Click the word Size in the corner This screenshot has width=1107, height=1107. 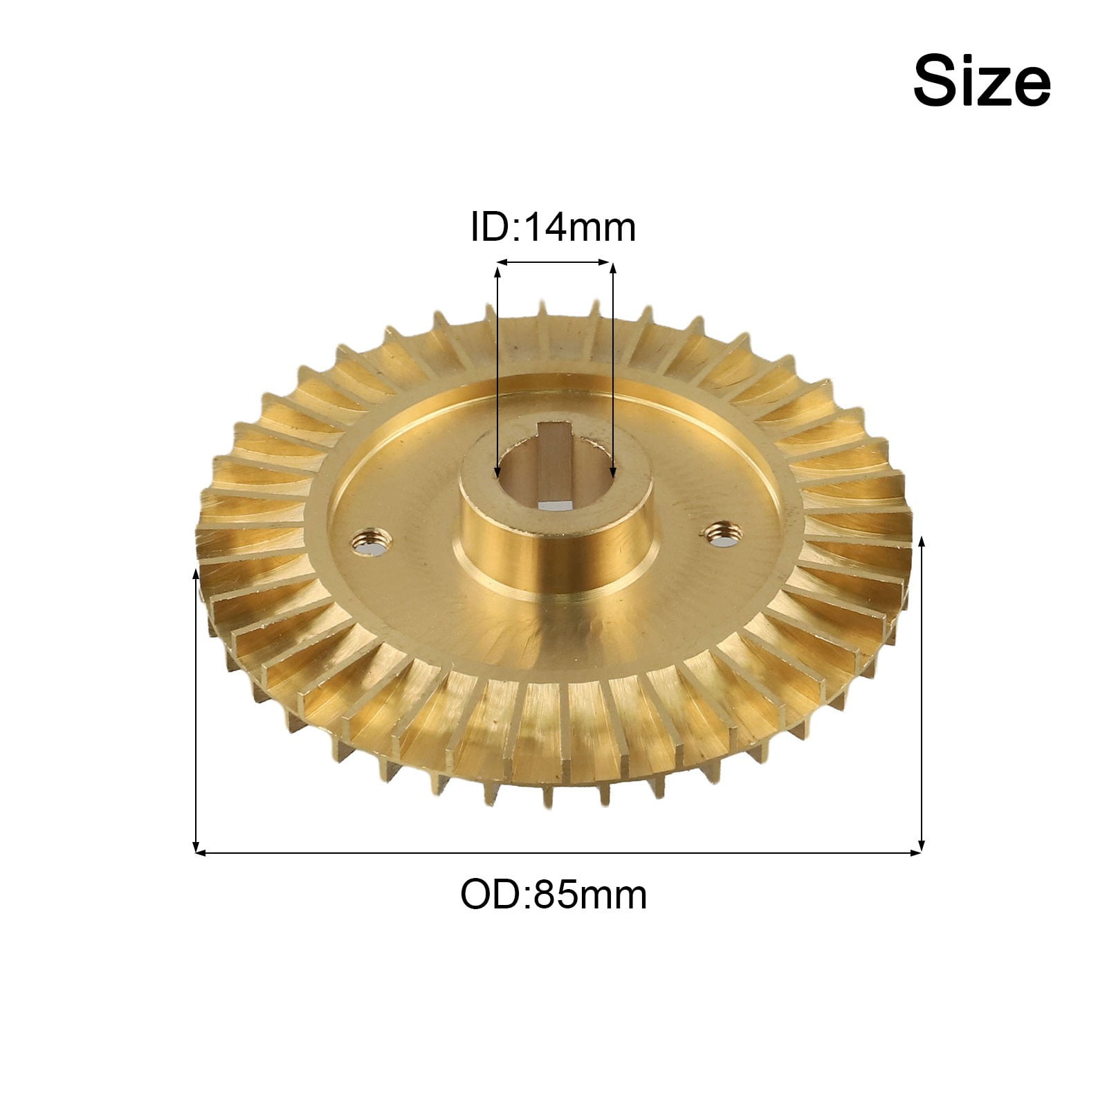[981, 82]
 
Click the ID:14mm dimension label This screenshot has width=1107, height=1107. [553, 227]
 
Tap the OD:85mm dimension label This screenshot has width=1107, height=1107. [553, 895]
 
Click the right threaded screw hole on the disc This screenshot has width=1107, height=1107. [724, 534]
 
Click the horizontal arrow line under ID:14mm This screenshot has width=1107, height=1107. [554, 262]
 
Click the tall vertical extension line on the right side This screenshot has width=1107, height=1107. [921, 692]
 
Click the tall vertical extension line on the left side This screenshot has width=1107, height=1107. [196, 706]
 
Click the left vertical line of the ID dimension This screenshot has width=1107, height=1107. [497, 367]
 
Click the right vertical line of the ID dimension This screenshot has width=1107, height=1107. [612, 367]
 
